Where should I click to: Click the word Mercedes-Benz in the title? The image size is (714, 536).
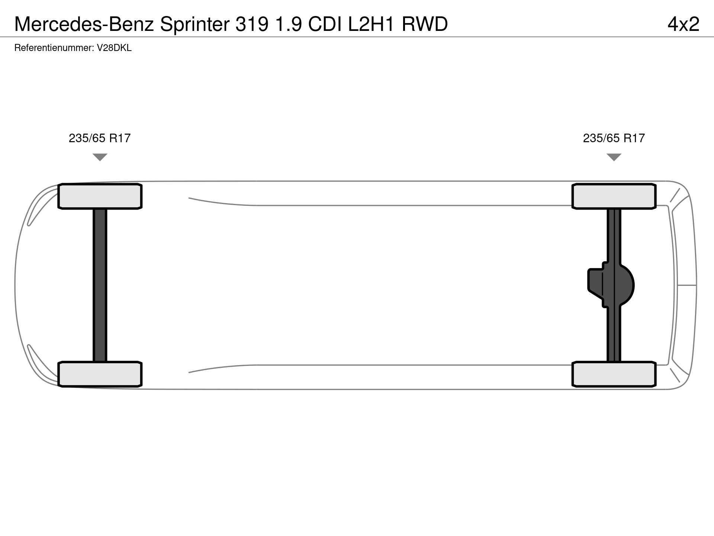pyautogui.click(x=84, y=25)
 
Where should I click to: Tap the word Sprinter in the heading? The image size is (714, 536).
pyautogui.click(x=195, y=25)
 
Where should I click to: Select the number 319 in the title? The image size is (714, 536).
pyautogui.click(x=252, y=25)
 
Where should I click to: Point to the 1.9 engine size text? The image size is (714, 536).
pyautogui.click(x=289, y=25)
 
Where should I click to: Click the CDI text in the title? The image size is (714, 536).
pyautogui.click(x=325, y=25)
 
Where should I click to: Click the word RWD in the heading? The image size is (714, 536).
pyautogui.click(x=425, y=25)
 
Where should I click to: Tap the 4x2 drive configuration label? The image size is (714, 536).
pyautogui.click(x=684, y=25)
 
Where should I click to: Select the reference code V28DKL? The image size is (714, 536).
pyautogui.click(x=114, y=48)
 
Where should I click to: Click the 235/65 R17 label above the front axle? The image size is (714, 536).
pyautogui.click(x=100, y=138)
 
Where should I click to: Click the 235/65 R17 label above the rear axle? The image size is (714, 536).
pyautogui.click(x=614, y=138)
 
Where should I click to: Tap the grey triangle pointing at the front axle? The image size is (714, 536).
pyautogui.click(x=100, y=157)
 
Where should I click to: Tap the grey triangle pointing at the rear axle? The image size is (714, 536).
pyautogui.click(x=614, y=157)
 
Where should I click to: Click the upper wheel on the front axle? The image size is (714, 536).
pyautogui.click(x=100, y=196)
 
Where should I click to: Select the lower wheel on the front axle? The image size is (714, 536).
pyautogui.click(x=100, y=374)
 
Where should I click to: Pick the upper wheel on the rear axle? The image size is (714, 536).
pyautogui.click(x=614, y=196)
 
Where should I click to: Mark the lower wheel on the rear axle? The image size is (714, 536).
pyautogui.click(x=614, y=374)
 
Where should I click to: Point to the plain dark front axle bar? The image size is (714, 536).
pyautogui.click(x=100, y=285)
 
